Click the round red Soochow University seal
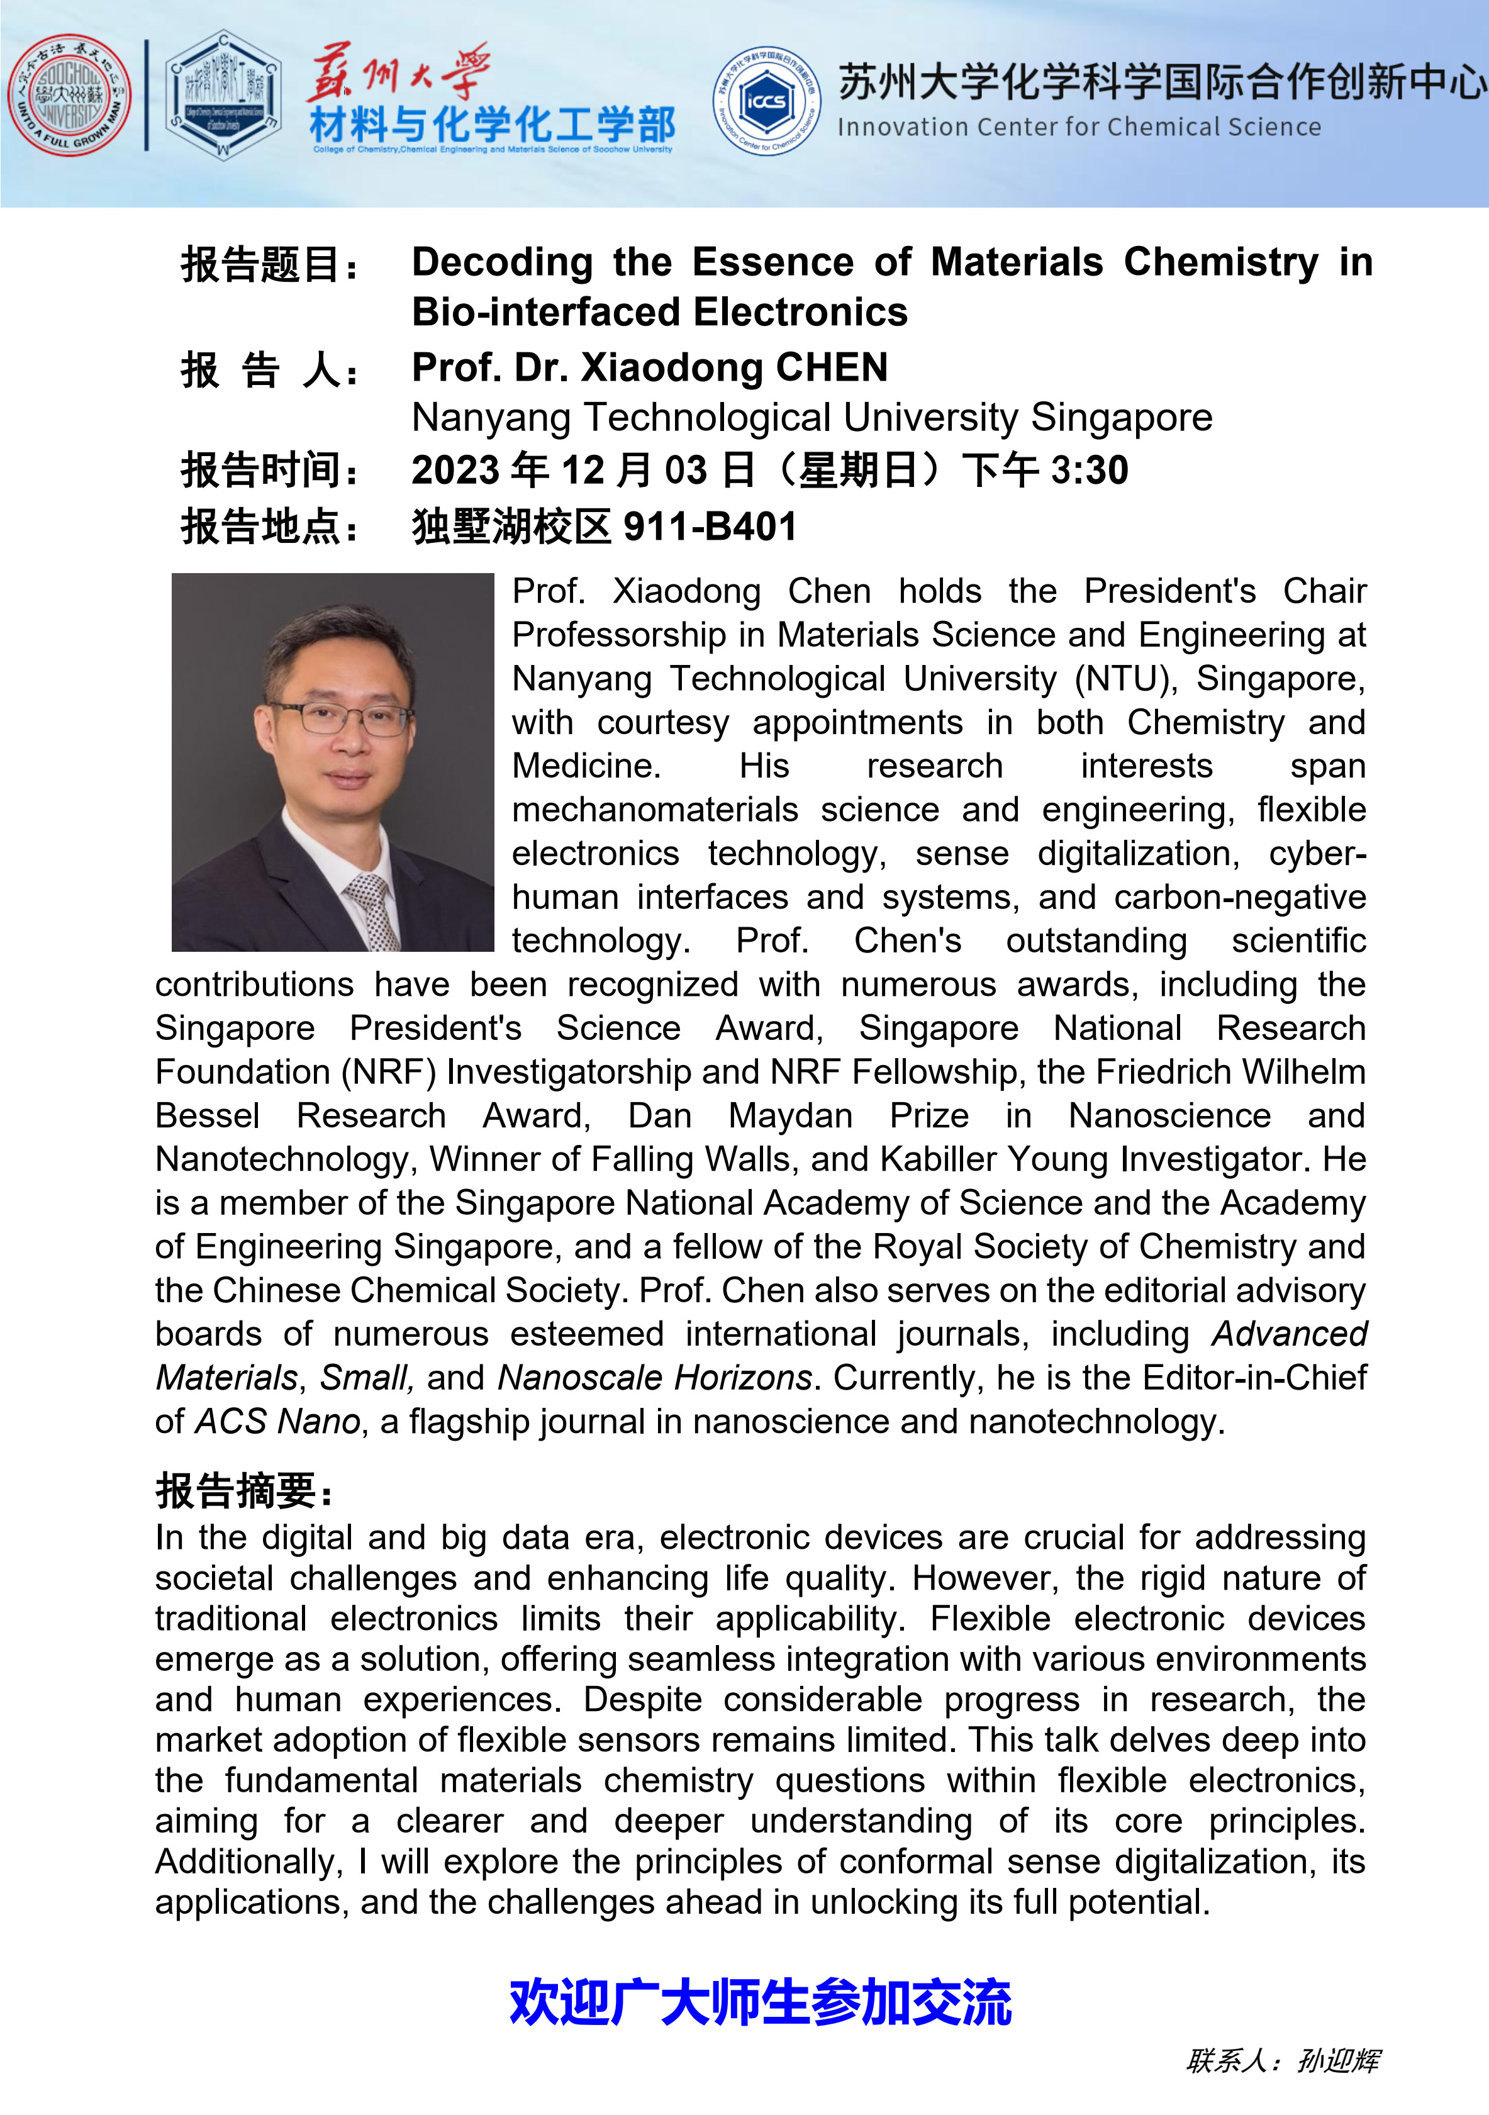click(69, 95)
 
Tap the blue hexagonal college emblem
click(223, 95)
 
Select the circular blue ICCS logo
click(767, 101)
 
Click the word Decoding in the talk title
click(502, 262)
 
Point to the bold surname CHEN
click(832, 367)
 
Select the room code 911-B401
click(710, 527)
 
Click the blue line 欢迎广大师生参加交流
click(760, 2002)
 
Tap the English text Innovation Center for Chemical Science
click(1078, 127)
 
